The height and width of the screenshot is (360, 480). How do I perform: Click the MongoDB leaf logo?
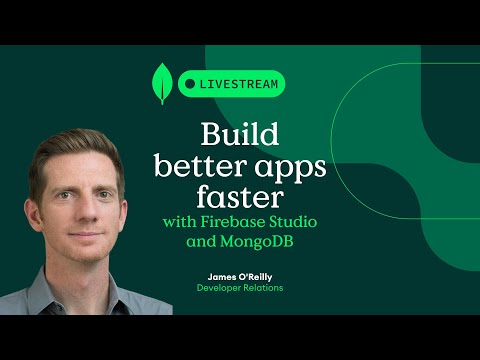coord(160,84)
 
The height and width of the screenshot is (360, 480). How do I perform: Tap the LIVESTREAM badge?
coord(231,84)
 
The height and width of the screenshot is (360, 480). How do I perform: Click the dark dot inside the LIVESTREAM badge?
coord(188,84)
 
